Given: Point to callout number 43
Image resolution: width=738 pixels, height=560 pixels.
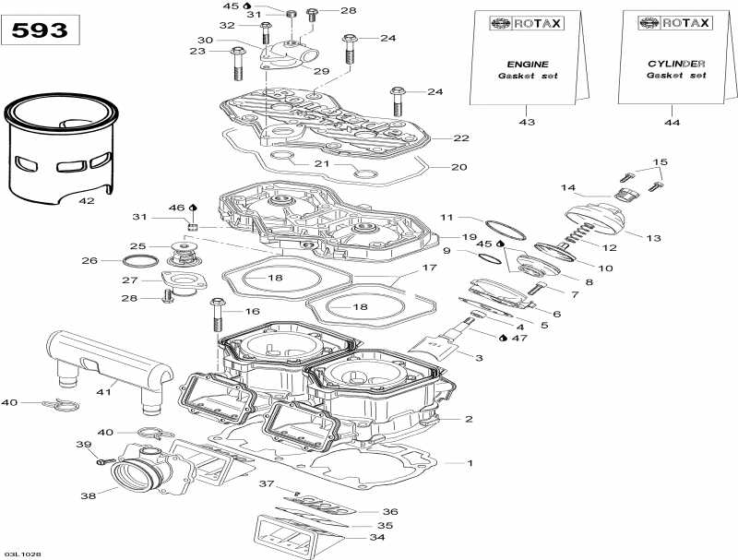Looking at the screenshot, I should (527, 122).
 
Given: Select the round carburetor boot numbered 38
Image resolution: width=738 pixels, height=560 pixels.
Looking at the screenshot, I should (138, 477).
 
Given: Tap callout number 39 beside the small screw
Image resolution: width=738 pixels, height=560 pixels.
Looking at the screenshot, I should (84, 446).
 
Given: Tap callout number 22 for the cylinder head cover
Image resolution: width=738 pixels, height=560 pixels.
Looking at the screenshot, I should (461, 138).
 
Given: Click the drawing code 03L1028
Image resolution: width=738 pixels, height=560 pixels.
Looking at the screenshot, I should (22, 554).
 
